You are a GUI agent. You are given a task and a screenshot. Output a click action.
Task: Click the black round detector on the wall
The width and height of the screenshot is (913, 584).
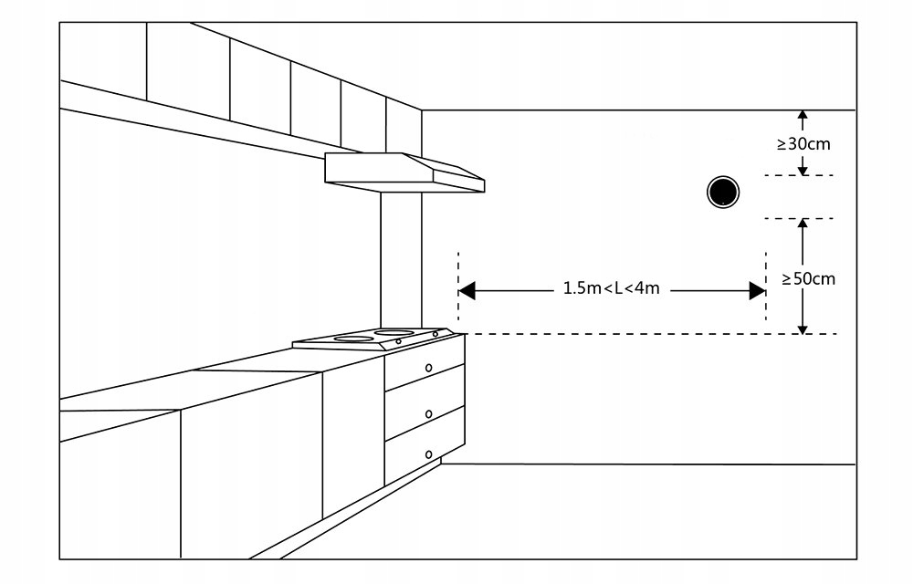point(723,192)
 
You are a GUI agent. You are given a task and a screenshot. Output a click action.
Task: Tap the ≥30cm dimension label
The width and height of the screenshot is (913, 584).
point(803,143)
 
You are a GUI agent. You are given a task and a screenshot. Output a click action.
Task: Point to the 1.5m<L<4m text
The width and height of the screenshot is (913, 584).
point(611,289)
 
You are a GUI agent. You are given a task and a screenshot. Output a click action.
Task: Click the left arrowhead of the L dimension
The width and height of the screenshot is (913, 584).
point(467,290)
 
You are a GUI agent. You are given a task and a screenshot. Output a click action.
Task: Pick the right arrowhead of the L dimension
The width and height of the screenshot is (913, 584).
point(757,290)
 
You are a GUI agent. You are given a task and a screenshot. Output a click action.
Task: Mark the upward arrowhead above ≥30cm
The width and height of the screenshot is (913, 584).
point(803,117)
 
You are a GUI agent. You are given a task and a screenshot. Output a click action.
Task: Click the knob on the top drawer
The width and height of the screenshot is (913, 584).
point(428,368)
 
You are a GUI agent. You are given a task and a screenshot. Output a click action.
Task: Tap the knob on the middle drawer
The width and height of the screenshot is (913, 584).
point(428,414)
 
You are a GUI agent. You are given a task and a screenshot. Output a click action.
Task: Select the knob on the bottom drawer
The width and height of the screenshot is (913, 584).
point(428,454)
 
